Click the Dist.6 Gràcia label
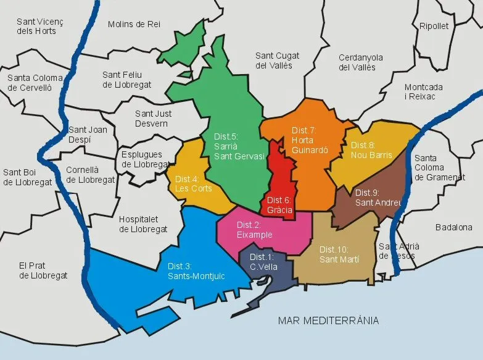coord(279,204)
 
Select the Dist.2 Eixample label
coord(254,230)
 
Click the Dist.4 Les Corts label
coord(193,183)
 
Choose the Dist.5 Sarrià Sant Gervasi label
coord(239,146)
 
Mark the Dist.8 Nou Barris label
coord(371,150)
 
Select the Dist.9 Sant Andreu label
coord(378,197)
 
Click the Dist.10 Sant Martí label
coord(339,254)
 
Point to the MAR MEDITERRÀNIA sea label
coord(328,320)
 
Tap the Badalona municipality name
coord(453,227)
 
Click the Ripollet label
coord(434,26)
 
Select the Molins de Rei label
coord(134,24)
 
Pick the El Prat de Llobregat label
coord(43,270)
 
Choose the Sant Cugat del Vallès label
coord(274,61)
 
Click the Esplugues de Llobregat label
coord(146,159)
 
